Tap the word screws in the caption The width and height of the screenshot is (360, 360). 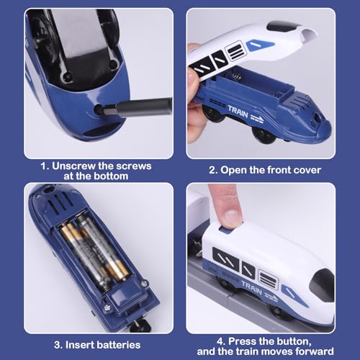point(130,166)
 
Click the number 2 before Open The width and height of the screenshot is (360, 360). point(213,171)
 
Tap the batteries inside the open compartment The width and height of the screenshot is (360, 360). point(94,248)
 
